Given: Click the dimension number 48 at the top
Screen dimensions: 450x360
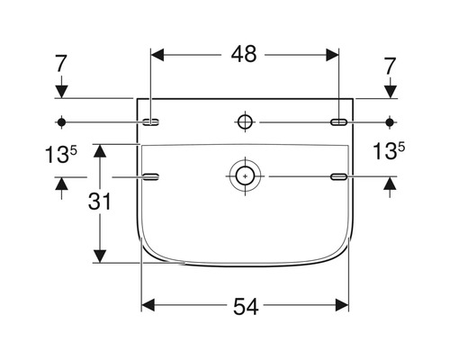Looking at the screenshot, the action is point(244,54).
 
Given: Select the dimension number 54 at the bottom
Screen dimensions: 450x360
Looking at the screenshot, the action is point(246,307).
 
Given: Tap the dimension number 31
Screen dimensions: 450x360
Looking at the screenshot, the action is point(100,201).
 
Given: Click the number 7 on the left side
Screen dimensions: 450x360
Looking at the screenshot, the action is point(60,64).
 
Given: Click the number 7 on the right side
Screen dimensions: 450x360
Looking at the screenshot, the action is point(390,67).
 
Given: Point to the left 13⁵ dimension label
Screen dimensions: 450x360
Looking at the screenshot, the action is point(61,154).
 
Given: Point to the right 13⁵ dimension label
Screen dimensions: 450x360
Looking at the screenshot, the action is point(389,151).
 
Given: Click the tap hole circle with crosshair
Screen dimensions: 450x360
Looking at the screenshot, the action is point(245,122).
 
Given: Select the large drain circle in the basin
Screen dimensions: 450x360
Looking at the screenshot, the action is point(245,176).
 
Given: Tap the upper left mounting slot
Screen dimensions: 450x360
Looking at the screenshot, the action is point(150,122).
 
